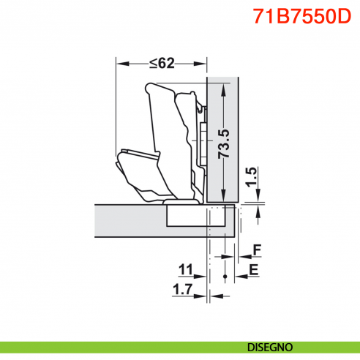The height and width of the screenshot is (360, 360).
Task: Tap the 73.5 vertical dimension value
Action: click(x=224, y=143)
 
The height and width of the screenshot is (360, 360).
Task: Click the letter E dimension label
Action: click(x=253, y=270)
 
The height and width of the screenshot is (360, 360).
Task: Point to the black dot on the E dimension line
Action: click(x=225, y=277)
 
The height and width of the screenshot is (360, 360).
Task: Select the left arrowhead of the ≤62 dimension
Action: click(x=120, y=64)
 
